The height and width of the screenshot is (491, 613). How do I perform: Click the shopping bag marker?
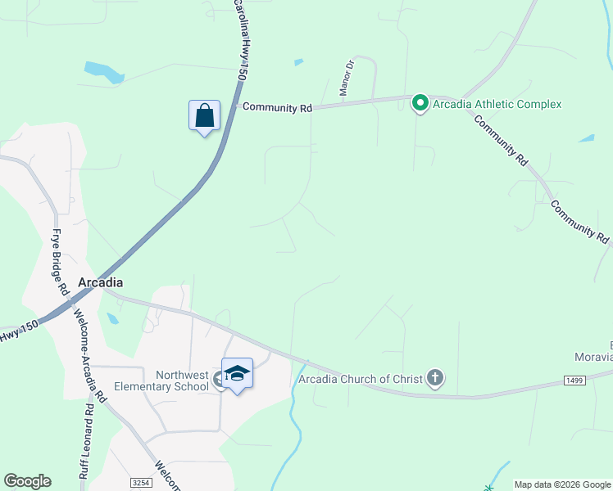(204, 116)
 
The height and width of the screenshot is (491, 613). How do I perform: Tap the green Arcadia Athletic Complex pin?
(420, 103)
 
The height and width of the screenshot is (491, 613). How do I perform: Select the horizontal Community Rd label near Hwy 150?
(278, 107)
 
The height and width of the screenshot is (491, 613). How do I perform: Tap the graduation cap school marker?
(237, 374)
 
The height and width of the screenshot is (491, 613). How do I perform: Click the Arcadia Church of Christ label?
(360, 378)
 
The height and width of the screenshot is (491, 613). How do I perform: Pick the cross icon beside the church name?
(434, 378)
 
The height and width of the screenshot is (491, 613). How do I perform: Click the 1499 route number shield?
(574, 380)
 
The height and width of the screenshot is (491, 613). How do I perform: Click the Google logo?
(27, 481)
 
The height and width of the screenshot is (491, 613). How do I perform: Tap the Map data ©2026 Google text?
(562, 484)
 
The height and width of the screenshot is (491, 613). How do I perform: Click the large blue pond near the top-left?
(102, 71)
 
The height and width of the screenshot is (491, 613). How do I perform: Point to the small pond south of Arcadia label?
(112, 318)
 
